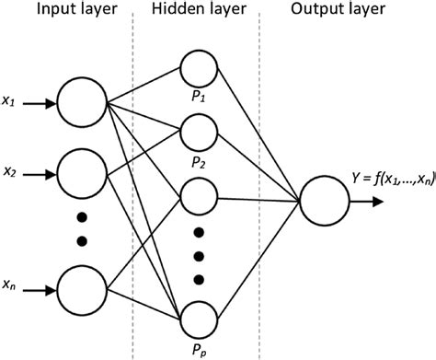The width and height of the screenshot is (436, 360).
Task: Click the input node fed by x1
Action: pyautogui.click(x=82, y=103)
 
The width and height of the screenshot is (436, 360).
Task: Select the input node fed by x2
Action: pyautogui.click(x=82, y=172)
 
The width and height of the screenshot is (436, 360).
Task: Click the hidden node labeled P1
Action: pyautogui.click(x=199, y=69)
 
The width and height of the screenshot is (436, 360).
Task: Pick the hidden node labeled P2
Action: pyautogui.click(x=199, y=132)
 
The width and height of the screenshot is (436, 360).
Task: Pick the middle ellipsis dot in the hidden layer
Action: pyautogui.click(x=199, y=256)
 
